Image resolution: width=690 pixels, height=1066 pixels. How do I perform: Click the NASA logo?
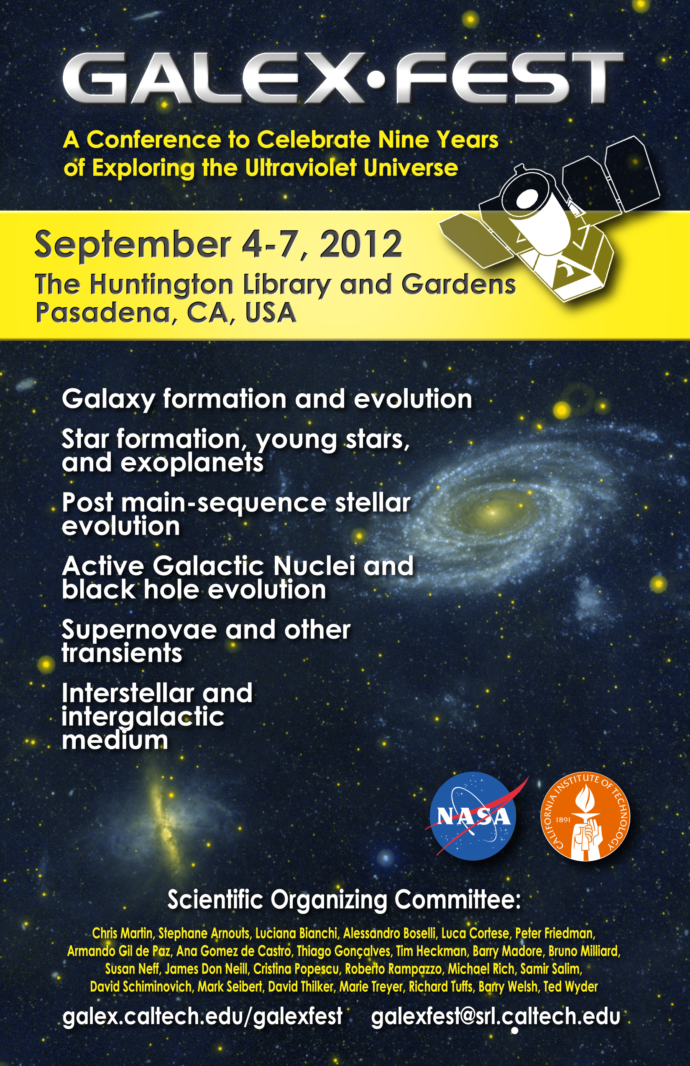click(x=473, y=816)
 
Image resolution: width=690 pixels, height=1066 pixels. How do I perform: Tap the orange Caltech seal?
click(x=585, y=816)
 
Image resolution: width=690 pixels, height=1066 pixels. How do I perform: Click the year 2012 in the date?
click(x=360, y=245)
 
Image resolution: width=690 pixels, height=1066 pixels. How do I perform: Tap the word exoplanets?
click(x=192, y=463)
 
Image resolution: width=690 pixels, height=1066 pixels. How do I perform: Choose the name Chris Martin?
click(x=122, y=933)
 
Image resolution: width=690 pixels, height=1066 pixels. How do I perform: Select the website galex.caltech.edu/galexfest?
click(x=202, y=1017)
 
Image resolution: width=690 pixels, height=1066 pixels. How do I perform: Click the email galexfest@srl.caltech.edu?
click(x=496, y=1017)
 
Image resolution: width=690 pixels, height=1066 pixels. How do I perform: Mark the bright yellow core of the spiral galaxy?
click(x=492, y=512)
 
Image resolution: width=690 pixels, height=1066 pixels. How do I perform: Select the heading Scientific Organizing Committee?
click(x=344, y=900)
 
